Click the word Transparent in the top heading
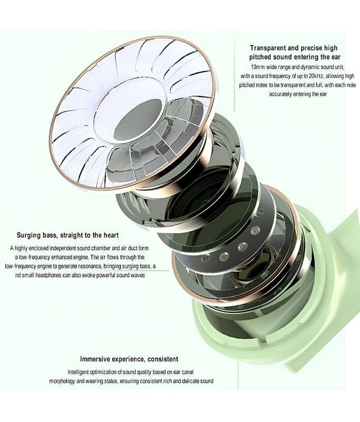(x=268, y=48)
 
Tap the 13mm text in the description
(x=257, y=67)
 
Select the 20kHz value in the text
(x=315, y=76)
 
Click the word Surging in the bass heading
(x=29, y=235)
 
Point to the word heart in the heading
(x=110, y=235)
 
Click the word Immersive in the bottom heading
(x=95, y=359)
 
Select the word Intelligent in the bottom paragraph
(x=78, y=372)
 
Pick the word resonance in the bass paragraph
(x=90, y=266)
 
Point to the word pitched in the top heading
(x=260, y=57)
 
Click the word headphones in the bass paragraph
(x=50, y=275)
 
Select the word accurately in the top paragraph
(x=280, y=94)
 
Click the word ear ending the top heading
(x=336, y=57)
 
